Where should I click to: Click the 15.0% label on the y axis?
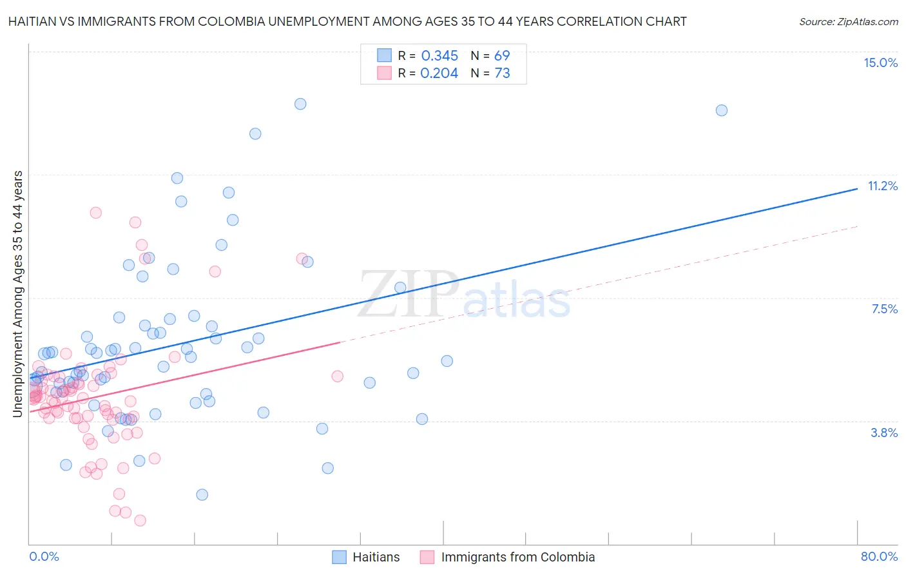(880, 63)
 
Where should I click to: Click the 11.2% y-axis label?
(882, 186)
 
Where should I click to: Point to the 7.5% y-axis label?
(884, 309)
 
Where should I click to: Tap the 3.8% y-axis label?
(884, 433)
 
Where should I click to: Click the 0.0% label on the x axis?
(44, 556)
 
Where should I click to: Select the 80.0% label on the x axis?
(879, 556)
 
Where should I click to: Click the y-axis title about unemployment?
(18, 294)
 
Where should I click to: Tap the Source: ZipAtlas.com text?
(848, 21)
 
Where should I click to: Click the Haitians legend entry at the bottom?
(376, 557)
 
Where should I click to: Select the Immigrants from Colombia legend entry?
(517, 557)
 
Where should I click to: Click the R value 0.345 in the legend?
(439, 55)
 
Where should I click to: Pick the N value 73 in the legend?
(502, 73)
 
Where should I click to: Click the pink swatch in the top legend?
(384, 73)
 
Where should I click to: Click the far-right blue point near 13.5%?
(722, 110)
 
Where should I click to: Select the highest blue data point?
(300, 104)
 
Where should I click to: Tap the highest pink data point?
(96, 213)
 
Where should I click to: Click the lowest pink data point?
(140, 520)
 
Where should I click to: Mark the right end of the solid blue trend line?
(857, 188)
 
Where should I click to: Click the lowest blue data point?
(202, 494)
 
